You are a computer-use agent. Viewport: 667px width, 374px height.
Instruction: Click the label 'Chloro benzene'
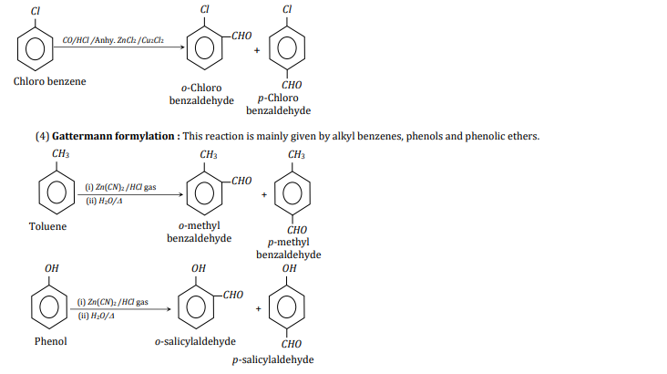pyautogui.click(x=50, y=82)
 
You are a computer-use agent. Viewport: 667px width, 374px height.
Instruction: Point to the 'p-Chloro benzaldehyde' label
pyautogui.click(x=278, y=104)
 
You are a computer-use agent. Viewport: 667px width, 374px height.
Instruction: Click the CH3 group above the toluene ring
pyautogui.click(x=59, y=155)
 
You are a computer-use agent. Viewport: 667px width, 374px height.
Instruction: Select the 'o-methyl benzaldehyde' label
pyautogui.click(x=200, y=232)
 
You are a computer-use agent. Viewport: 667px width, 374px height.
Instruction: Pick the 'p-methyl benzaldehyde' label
pyautogui.click(x=289, y=248)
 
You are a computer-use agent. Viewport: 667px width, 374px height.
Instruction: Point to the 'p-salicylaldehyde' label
pyautogui.click(x=273, y=359)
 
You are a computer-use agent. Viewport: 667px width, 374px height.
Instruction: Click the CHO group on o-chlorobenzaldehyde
pyautogui.click(x=241, y=36)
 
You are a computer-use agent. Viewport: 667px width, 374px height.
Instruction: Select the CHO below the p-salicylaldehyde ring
pyautogui.click(x=292, y=344)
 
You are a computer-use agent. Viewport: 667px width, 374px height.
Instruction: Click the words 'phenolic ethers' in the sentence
pyautogui.click(x=505, y=136)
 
